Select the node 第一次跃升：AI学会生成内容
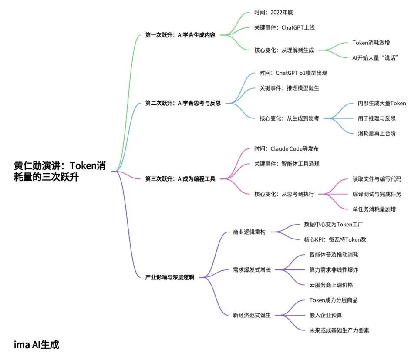point(180,35)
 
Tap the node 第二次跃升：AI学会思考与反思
point(183,104)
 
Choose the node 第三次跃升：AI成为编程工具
point(180,178)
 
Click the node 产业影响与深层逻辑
point(169,277)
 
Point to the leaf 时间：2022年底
point(276,12)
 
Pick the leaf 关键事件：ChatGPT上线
point(284,27)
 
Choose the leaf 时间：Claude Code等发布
point(287,148)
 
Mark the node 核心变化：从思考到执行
point(284,194)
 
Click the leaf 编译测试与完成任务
point(377,194)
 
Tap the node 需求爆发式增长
point(252,269)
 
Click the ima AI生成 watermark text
point(36,345)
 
